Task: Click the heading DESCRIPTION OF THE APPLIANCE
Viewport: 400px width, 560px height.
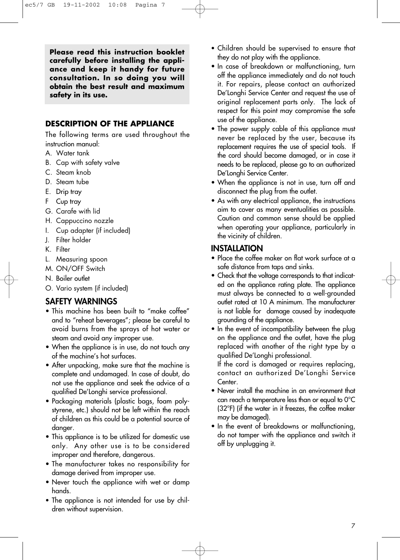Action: click(x=109, y=124)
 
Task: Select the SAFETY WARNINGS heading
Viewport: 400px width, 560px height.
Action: click(x=81, y=301)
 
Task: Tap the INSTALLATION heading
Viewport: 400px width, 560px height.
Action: click(x=237, y=248)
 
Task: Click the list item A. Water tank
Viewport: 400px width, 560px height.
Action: click(x=67, y=153)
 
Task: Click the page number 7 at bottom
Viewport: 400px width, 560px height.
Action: click(x=353, y=526)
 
